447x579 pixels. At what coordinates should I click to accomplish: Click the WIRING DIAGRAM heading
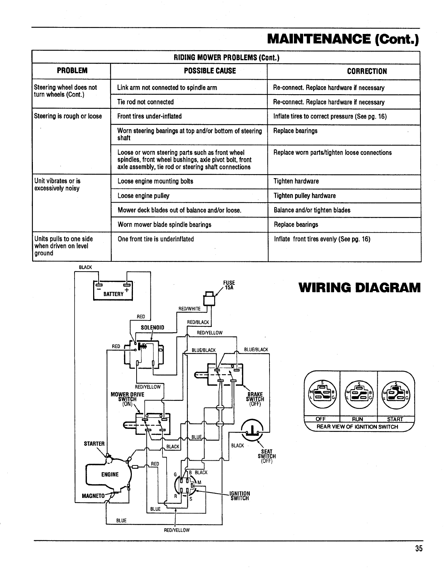[359, 288]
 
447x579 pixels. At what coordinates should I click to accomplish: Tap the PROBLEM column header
[72, 71]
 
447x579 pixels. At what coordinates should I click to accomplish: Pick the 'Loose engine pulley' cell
[144, 196]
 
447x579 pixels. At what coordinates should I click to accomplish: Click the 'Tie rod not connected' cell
[145, 102]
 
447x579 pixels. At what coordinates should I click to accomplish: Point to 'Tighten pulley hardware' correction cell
[305, 196]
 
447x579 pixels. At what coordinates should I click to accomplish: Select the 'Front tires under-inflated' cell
[149, 116]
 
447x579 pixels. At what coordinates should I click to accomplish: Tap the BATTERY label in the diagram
[113, 294]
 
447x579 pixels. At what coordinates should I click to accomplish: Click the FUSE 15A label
[229, 285]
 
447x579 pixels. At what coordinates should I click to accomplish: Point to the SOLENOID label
[153, 327]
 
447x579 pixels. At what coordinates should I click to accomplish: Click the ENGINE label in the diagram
[110, 475]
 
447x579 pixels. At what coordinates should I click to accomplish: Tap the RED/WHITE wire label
[189, 308]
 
